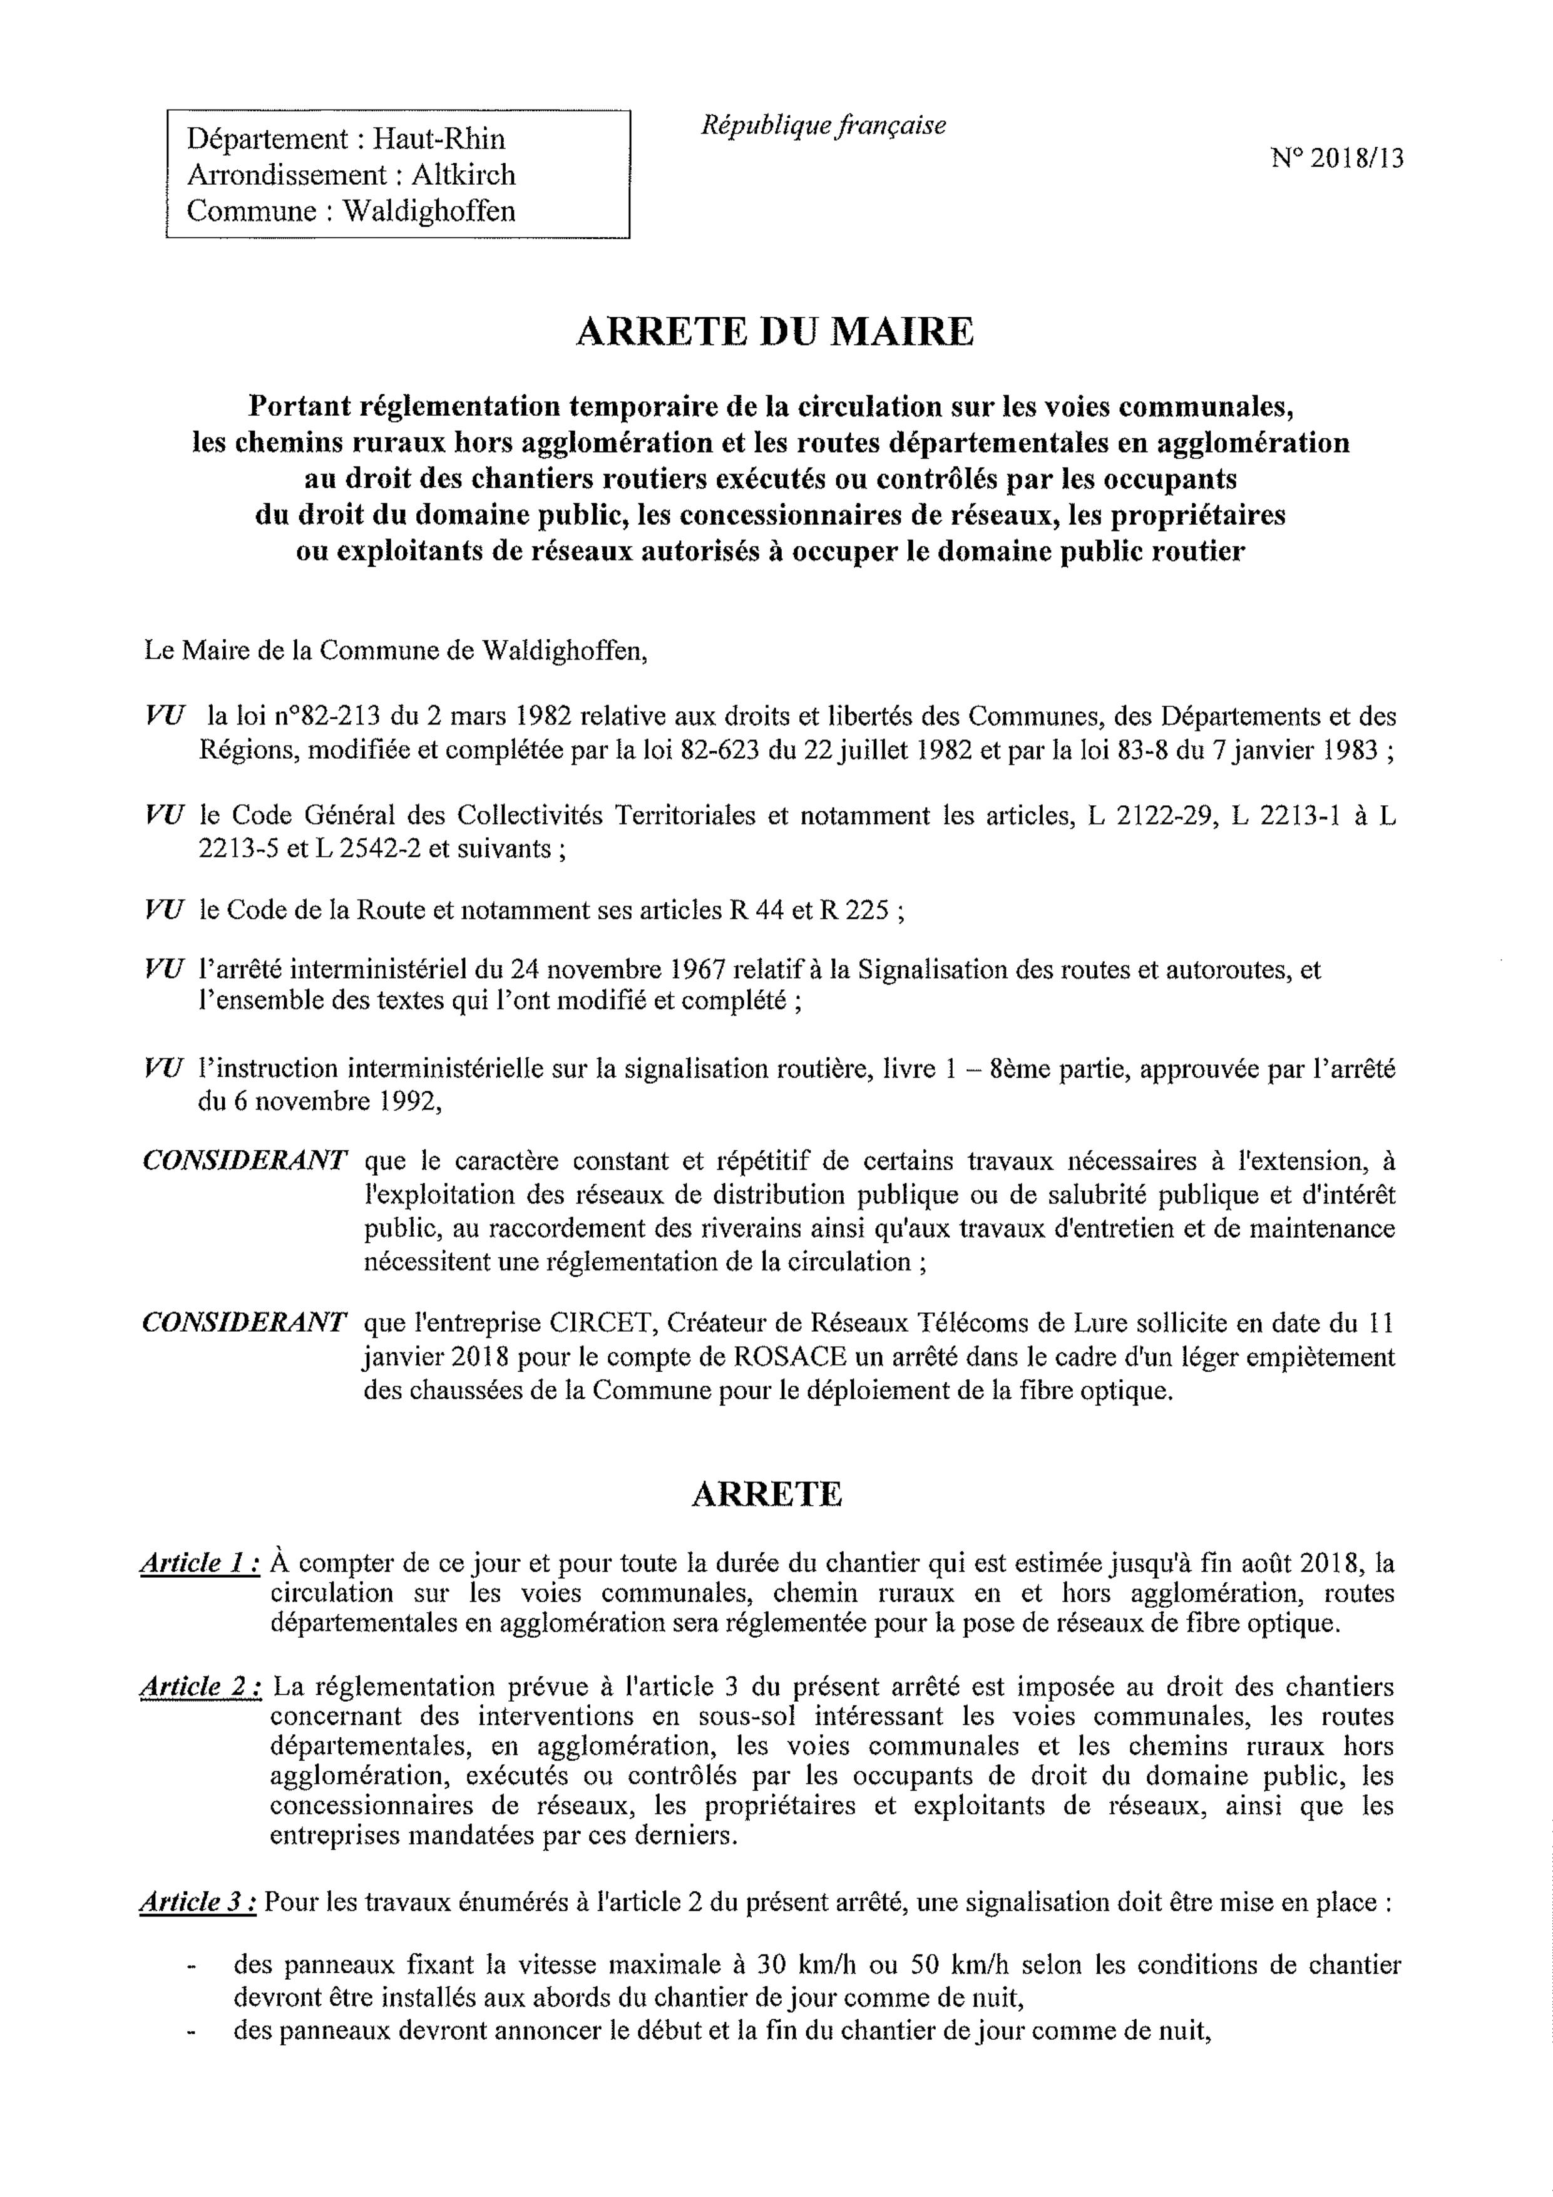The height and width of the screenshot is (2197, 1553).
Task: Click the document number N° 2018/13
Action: (1338, 159)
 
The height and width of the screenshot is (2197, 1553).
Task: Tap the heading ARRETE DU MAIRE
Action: (775, 332)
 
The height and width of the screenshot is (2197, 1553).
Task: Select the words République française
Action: (823, 125)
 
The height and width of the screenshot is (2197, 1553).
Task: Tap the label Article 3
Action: (198, 1902)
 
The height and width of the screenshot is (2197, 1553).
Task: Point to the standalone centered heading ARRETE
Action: (766, 1495)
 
